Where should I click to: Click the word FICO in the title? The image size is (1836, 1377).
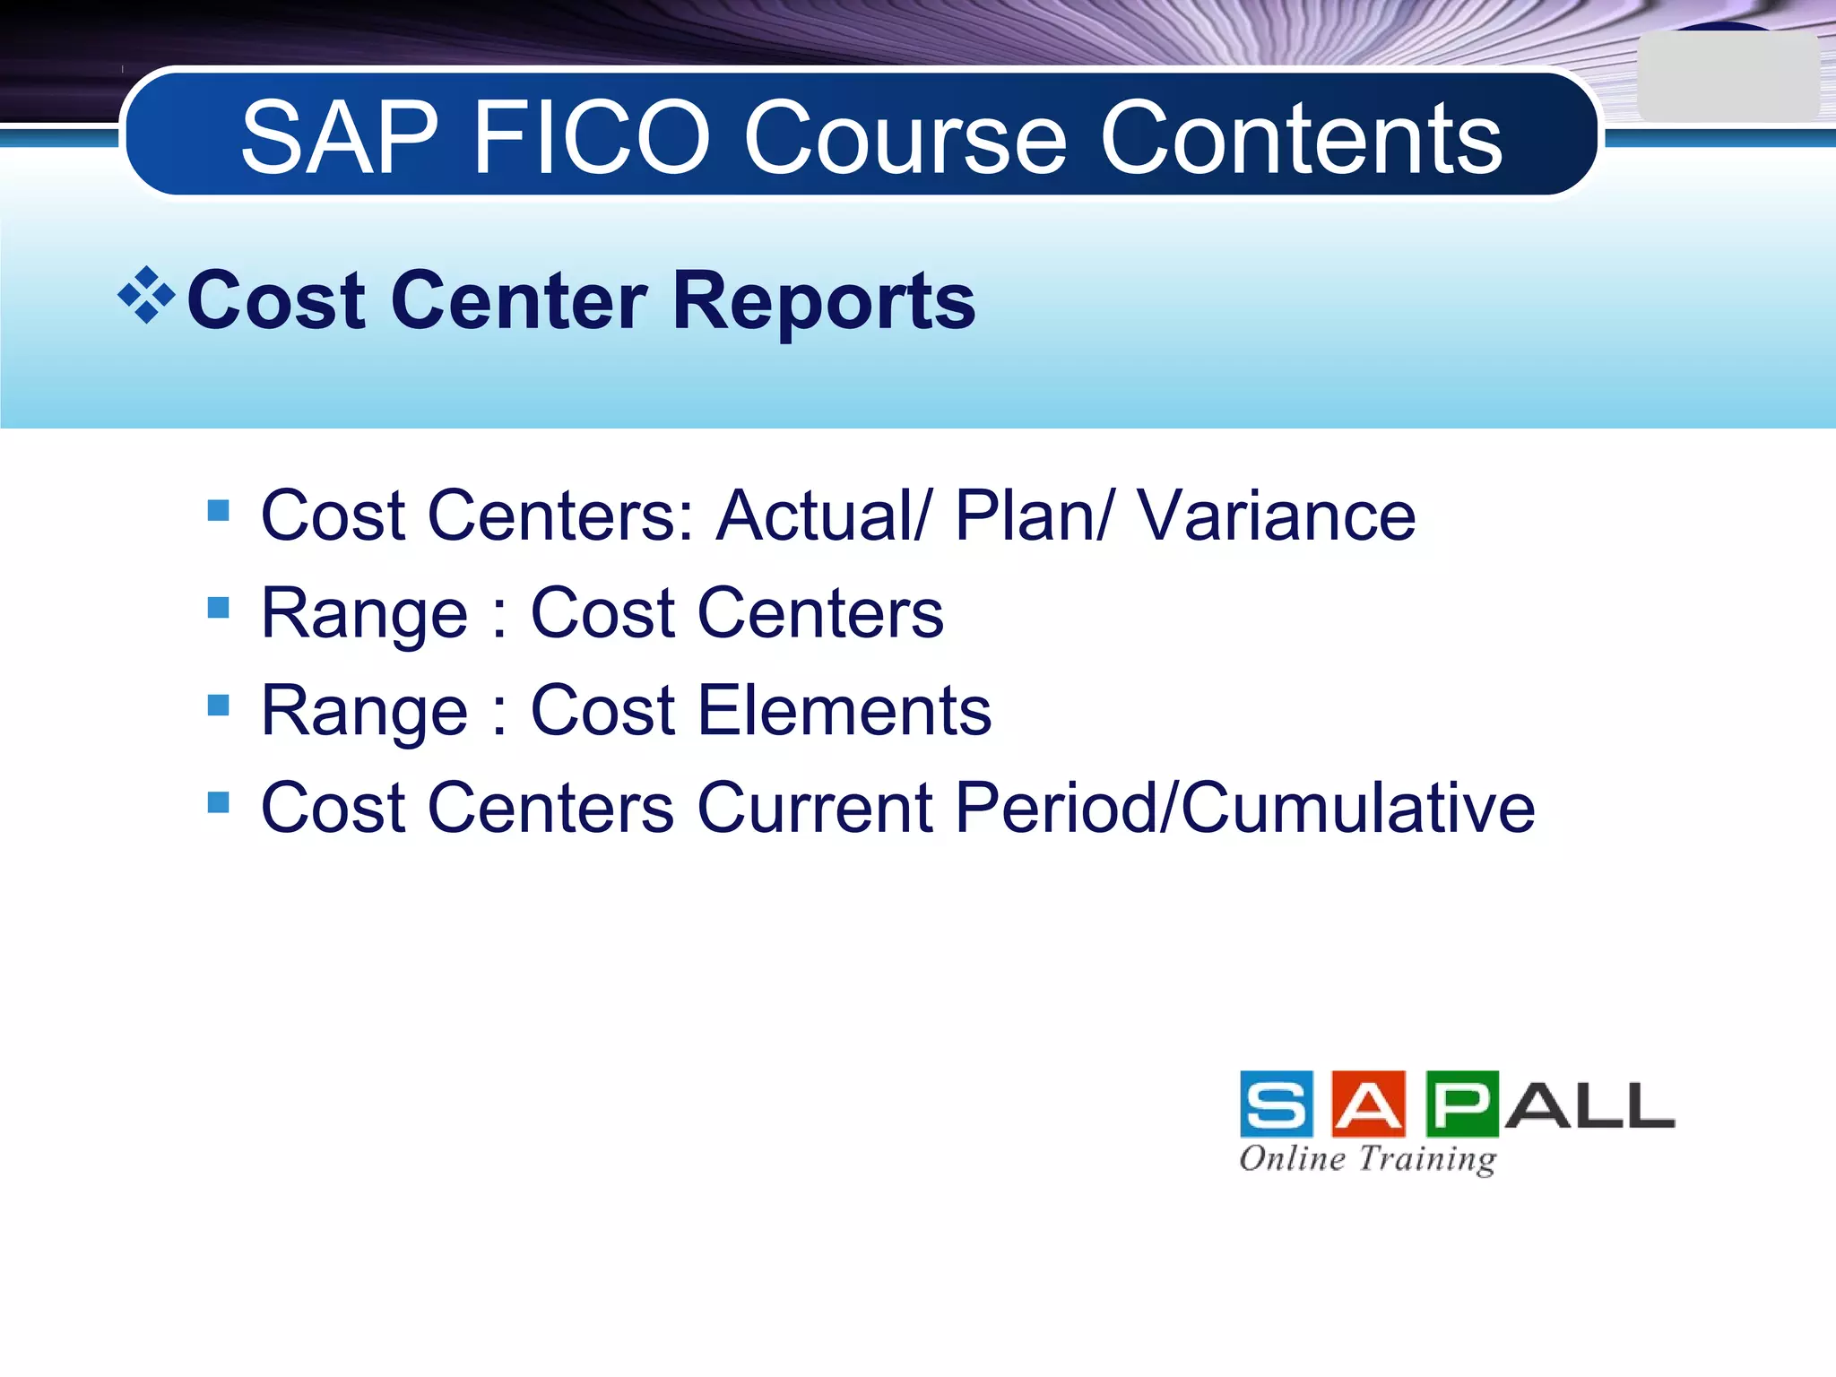point(592,139)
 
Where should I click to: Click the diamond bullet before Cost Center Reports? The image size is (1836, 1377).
point(146,295)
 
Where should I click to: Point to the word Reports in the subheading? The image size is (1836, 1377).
point(823,301)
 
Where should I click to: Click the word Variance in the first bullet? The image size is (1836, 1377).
point(1277,516)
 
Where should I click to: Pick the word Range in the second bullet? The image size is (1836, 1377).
point(364,615)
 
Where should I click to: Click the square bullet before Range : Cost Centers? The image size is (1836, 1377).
point(218,609)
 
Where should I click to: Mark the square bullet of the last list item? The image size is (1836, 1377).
point(218,801)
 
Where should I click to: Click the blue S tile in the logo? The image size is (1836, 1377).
point(1277,1104)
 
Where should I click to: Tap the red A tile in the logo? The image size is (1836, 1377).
point(1368,1104)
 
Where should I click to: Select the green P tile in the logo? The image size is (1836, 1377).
point(1461,1104)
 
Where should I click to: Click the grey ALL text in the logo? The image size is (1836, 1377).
point(1589,1106)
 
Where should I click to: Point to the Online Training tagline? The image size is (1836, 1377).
point(1368,1159)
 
